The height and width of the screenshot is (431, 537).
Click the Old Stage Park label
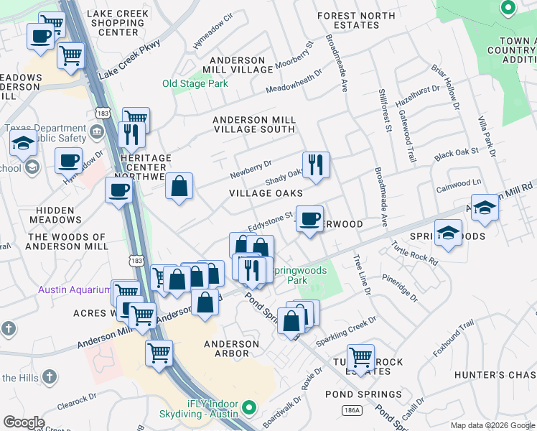(195, 83)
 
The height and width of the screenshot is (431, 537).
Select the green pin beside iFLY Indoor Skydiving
(249, 408)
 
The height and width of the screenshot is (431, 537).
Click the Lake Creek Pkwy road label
(129, 60)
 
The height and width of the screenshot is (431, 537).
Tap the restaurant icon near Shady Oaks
(315, 165)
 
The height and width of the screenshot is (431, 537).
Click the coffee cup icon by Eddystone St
(309, 218)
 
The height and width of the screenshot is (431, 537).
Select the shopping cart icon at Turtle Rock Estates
(360, 356)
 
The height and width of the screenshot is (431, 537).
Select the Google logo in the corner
(24, 422)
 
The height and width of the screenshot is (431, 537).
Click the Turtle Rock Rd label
(414, 253)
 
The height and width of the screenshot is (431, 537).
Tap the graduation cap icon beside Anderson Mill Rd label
(485, 208)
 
